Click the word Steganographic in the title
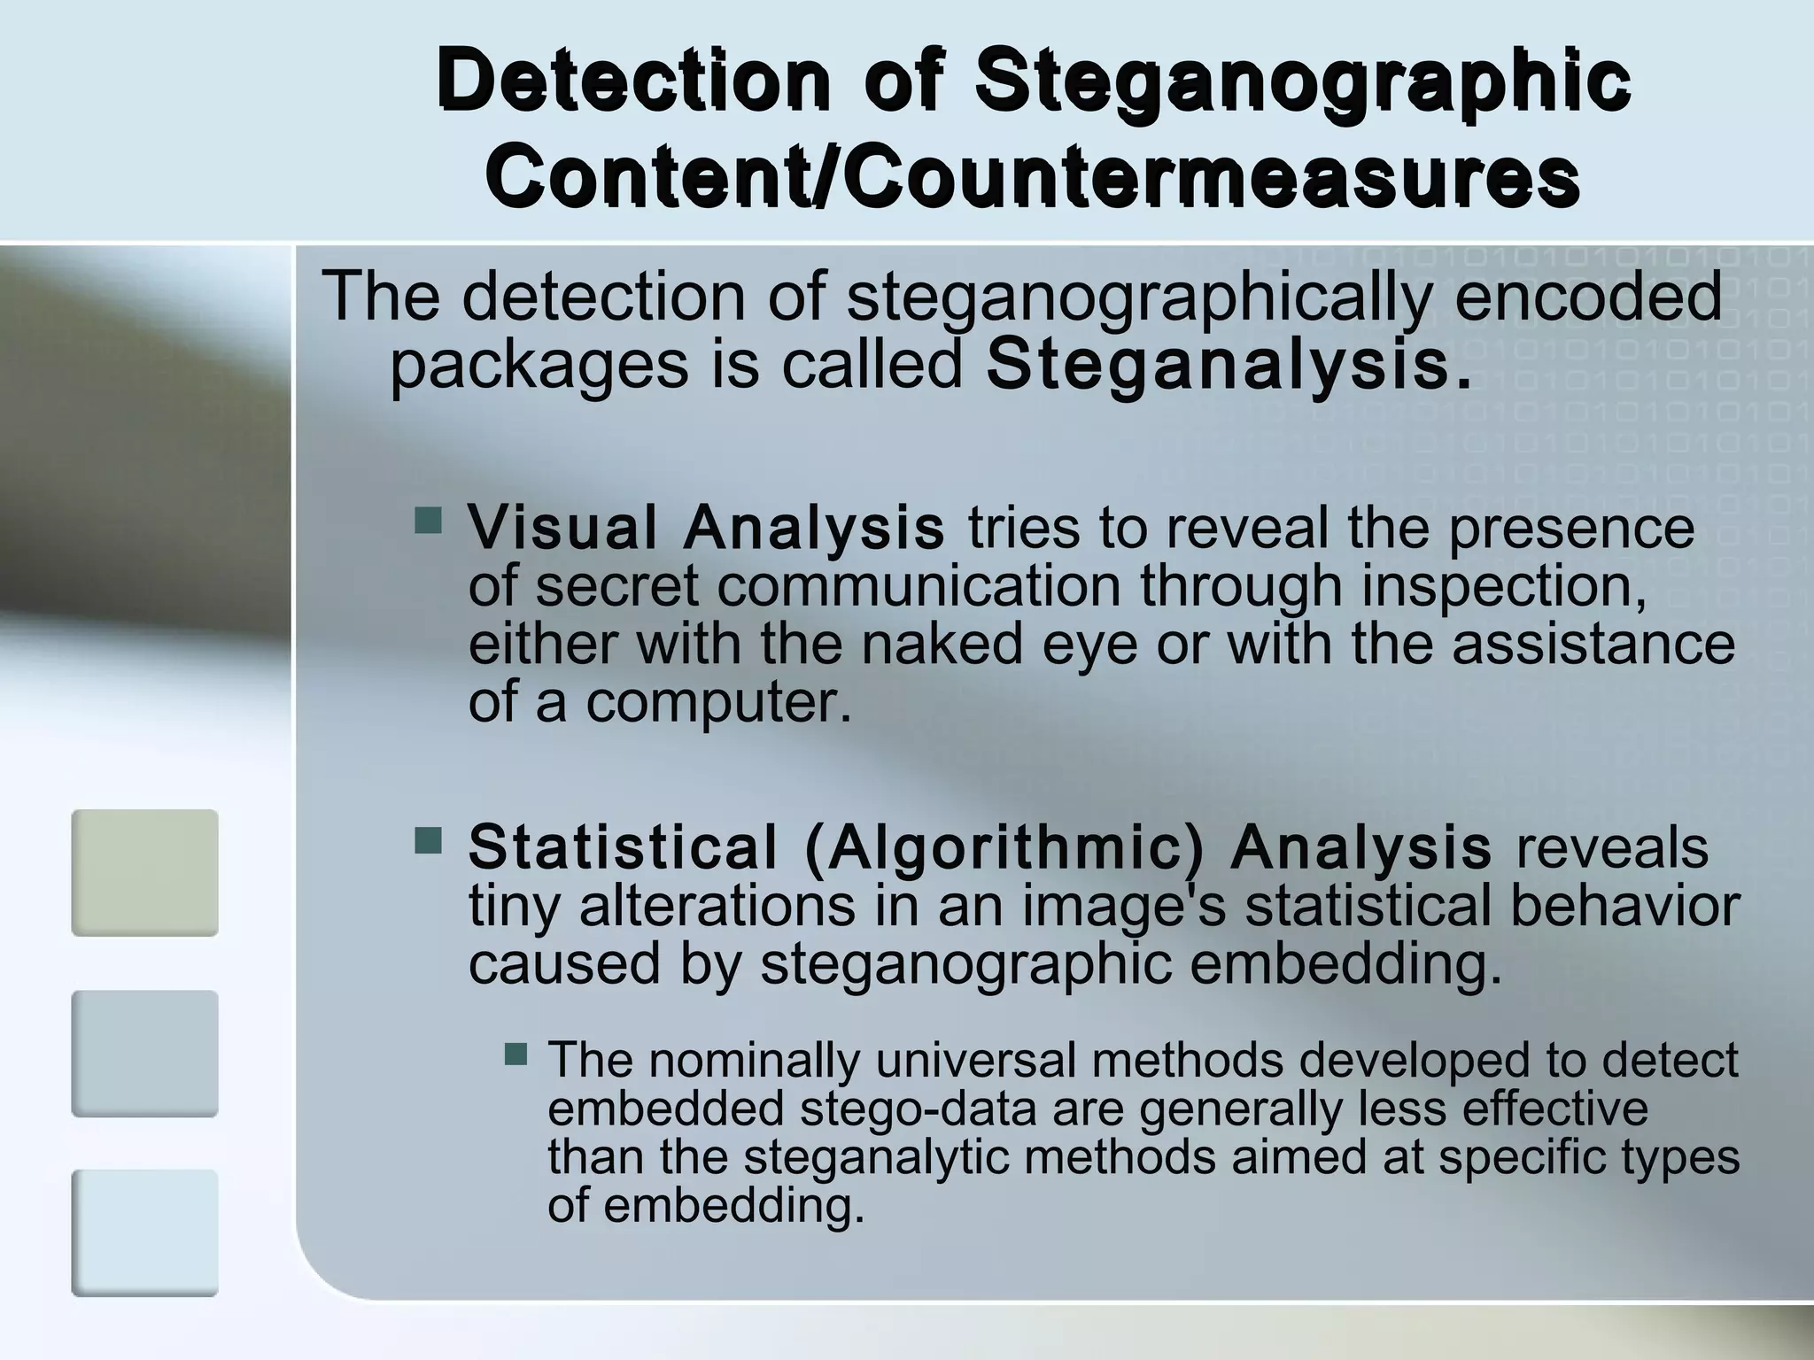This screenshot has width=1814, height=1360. click(x=1303, y=81)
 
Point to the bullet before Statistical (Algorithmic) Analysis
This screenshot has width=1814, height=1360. click(x=429, y=840)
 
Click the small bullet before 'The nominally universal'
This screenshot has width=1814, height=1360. click(x=516, y=1054)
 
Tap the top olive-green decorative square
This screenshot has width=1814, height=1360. click(x=144, y=872)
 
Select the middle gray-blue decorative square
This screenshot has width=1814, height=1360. click(x=144, y=1053)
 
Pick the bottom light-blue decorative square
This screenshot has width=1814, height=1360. click(x=144, y=1232)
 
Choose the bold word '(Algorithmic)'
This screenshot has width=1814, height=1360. click(x=1005, y=847)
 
